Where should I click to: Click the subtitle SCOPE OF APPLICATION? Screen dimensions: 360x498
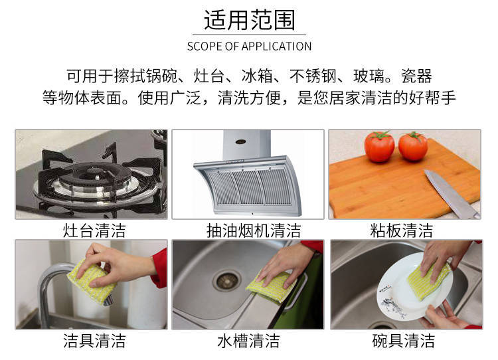(x=249, y=46)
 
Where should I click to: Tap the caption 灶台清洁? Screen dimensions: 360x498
(x=94, y=230)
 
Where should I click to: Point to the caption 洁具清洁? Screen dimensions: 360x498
(x=94, y=341)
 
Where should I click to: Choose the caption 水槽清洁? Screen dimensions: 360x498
(x=248, y=341)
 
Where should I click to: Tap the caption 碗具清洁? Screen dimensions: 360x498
(x=403, y=341)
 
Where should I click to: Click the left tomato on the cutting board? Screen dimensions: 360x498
(x=379, y=146)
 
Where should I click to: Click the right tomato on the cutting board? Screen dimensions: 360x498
(x=413, y=146)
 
